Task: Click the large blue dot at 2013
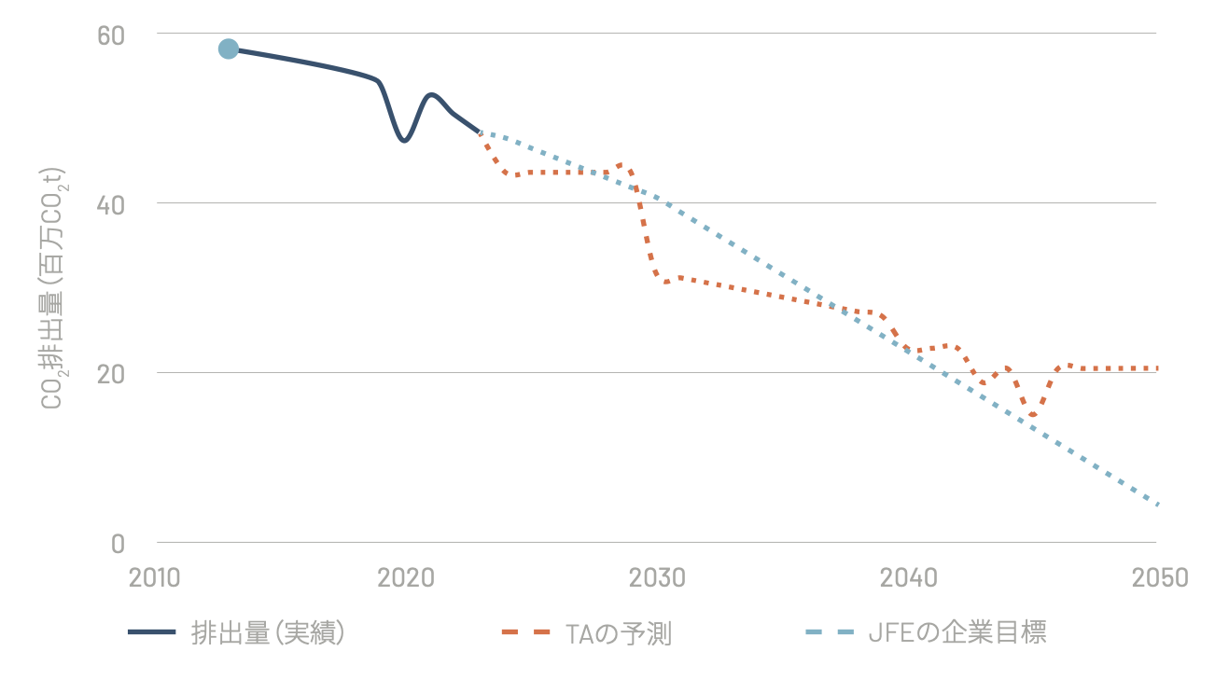click(229, 48)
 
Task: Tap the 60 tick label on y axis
click(111, 35)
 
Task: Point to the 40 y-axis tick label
click(111, 204)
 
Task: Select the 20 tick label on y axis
click(111, 373)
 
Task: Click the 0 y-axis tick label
click(119, 543)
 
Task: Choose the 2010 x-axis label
click(156, 578)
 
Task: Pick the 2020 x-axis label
click(406, 578)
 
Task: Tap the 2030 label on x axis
click(657, 578)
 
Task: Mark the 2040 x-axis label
click(907, 578)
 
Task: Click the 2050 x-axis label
click(1158, 578)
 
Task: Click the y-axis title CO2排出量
click(52, 289)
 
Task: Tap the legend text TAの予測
click(618, 633)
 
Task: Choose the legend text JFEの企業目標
click(957, 633)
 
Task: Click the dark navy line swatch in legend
click(151, 632)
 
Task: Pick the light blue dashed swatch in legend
click(828, 632)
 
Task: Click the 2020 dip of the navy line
click(403, 140)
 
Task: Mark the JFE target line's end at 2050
click(1157, 505)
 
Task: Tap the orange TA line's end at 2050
click(1157, 368)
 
